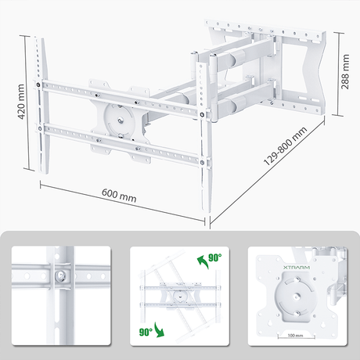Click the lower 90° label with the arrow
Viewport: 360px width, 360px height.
(x=146, y=332)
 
